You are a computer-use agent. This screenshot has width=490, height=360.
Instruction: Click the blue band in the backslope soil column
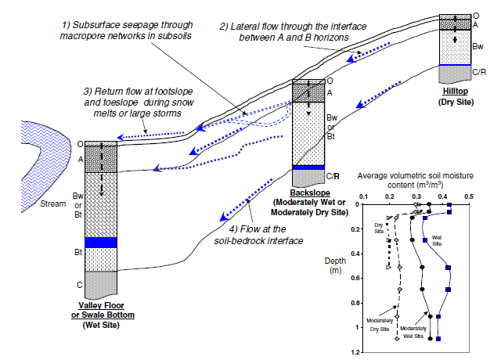[308, 167]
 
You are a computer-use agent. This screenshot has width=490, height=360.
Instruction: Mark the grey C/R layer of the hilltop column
[454, 74]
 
